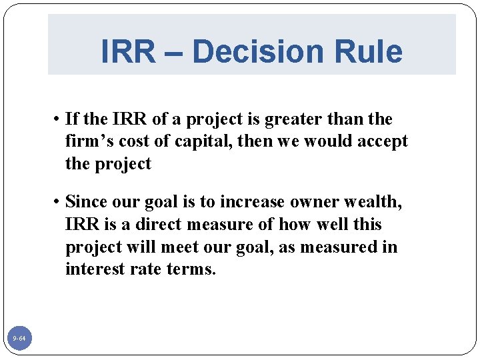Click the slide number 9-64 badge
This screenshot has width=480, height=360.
pyautogui.click(x=19, y=339)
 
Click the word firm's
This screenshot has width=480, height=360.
pyautogui.click(x=88, y=142)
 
